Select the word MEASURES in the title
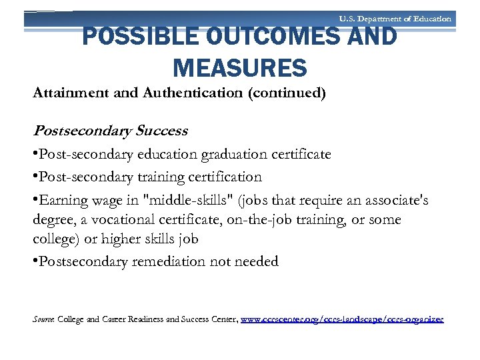point(240,67)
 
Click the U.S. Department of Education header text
point(395,19)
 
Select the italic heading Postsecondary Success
point(111,131)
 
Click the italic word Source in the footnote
point(43,320)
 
